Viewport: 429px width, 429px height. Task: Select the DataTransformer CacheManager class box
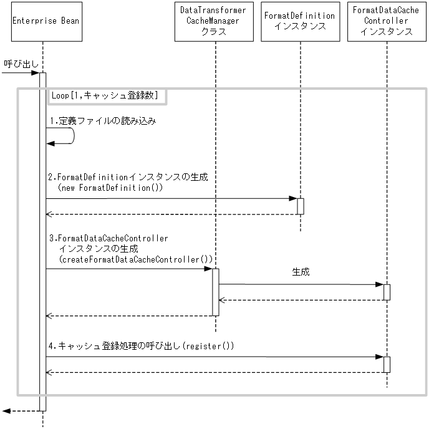213,22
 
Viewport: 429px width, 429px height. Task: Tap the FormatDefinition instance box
299,22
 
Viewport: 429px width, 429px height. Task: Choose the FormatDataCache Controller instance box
387,22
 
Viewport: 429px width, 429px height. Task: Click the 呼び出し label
17,64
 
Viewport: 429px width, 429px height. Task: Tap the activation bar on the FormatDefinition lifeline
300,206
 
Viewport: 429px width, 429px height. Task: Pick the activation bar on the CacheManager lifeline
215,292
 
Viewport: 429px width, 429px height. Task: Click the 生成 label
301,272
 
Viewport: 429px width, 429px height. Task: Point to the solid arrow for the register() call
212,357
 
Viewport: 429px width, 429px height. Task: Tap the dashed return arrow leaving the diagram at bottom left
19,411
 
